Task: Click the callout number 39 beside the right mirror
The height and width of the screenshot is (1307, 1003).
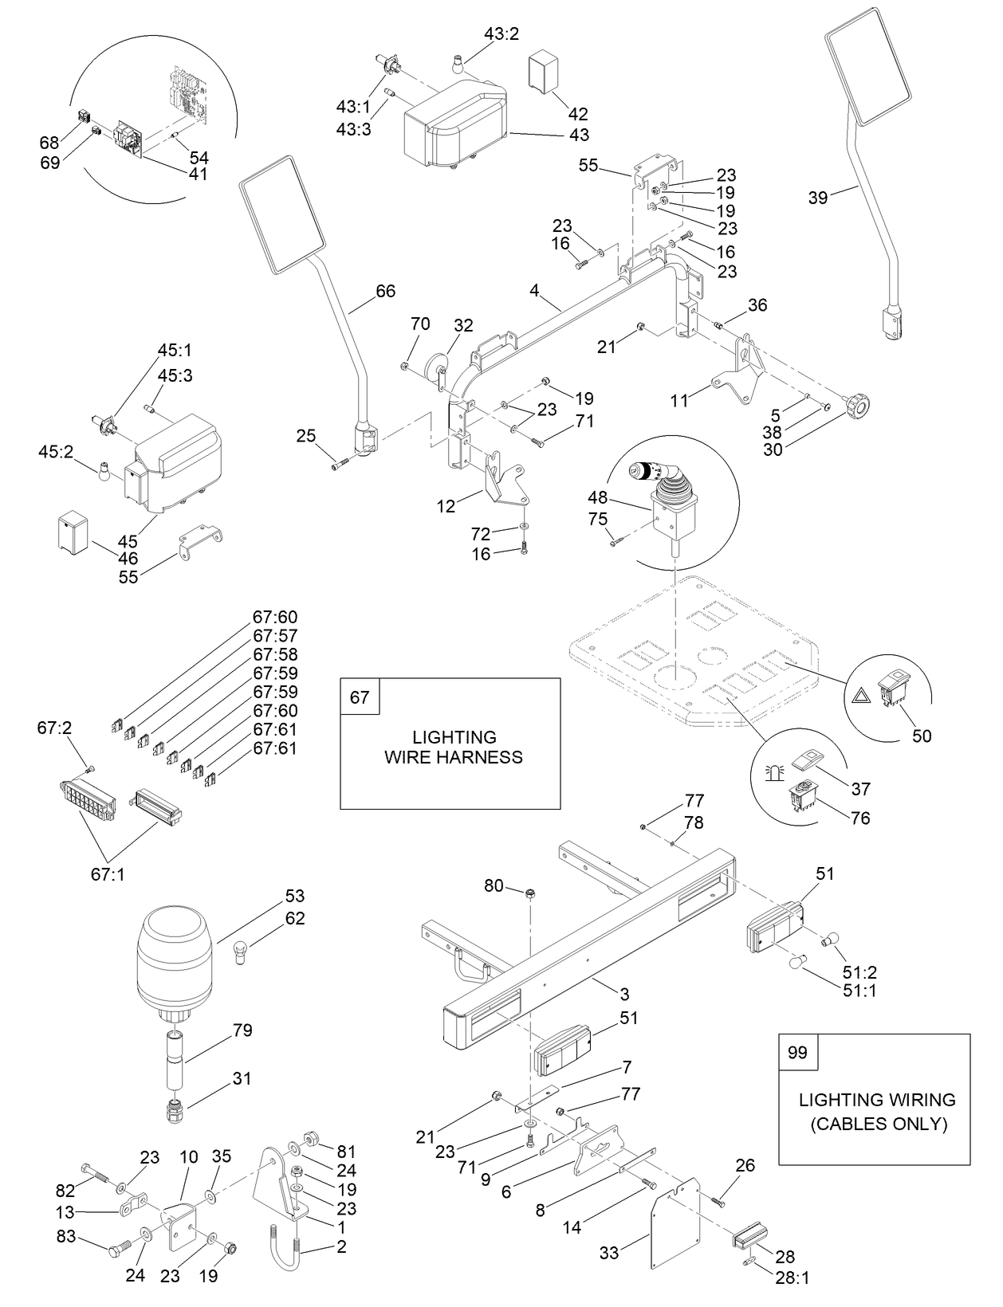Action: (818, 198)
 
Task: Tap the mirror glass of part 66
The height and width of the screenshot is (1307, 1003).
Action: (282, 214)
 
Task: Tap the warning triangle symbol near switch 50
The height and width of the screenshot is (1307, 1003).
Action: (862, 696)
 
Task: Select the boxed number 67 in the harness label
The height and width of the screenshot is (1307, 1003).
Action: (360, 697)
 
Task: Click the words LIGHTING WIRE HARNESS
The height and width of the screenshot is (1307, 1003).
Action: (454, 747)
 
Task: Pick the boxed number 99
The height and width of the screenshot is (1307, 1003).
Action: (797, 1053)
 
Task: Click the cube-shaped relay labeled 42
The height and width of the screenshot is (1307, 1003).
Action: (545, 73)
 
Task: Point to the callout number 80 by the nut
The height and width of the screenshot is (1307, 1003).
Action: (494, 885)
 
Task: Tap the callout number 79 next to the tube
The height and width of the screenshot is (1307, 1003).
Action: (242, 1030)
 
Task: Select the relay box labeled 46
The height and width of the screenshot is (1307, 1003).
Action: (74, 532)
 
